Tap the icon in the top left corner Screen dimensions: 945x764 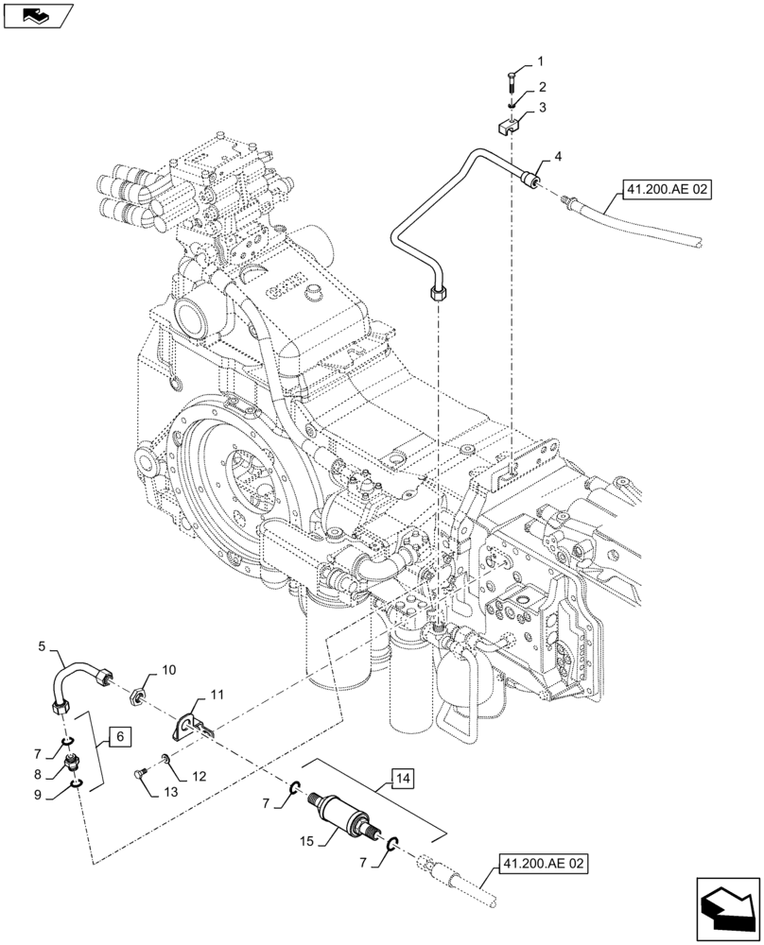pyautogui.click(x=37, y=15)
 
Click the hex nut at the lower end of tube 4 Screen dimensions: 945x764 pyautogui.click(x=437, y=294)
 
